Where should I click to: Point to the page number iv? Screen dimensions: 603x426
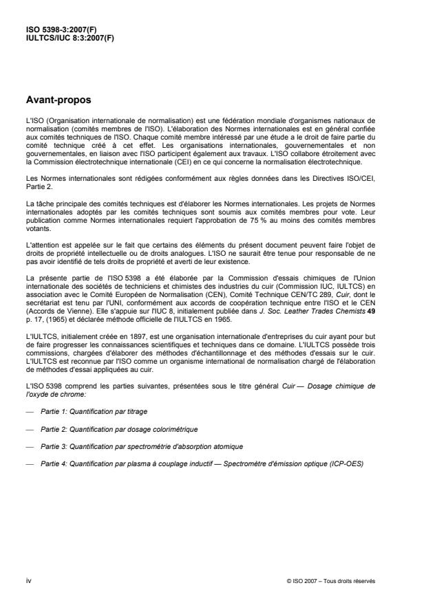pos(28,580)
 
